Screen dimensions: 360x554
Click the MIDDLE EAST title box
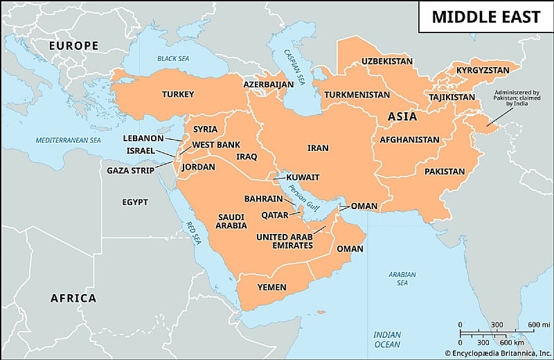coord(485,17)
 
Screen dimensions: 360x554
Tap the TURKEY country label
coord(178,94)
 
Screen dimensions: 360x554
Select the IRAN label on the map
coord(318,148)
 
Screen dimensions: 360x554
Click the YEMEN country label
coord(271,287)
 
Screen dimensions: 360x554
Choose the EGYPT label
coord(135,202)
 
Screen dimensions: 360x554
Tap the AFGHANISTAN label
coord(409,140)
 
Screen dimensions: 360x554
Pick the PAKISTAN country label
coord(445,171)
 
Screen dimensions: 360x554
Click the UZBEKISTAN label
coord(387,62)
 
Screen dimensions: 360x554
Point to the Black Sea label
coord(173,59)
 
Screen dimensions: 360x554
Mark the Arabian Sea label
coord(402,278)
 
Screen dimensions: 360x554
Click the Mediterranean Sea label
coord(69,141)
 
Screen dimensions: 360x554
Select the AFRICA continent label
coord(73,298)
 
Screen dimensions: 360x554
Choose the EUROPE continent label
coord(73,46)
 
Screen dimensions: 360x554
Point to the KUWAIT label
coord(303,177)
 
